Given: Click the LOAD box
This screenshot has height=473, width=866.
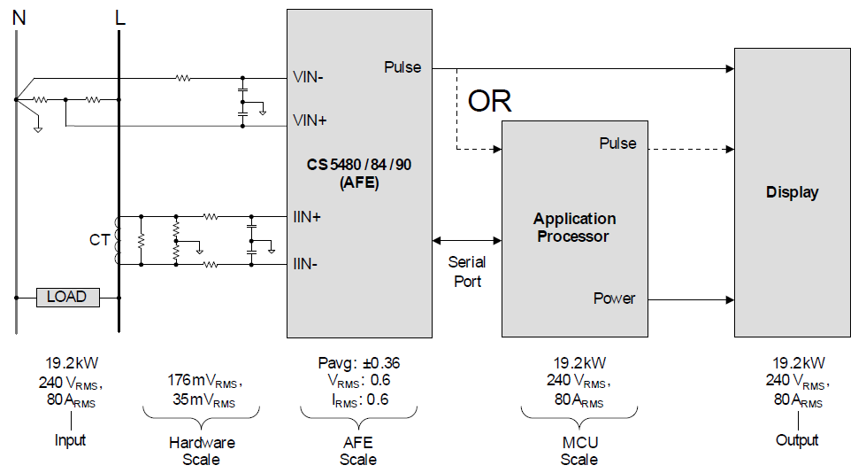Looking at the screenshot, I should [67, 297].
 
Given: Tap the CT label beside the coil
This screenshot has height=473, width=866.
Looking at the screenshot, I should [99, 238].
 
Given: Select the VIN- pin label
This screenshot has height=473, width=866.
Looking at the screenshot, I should [308, 77].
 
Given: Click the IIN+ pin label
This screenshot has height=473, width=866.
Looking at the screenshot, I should [306, 215].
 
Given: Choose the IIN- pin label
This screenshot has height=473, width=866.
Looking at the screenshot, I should [305, 263].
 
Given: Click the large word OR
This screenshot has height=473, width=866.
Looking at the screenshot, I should [489, 101].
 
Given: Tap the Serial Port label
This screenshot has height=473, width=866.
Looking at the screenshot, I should [467, 271].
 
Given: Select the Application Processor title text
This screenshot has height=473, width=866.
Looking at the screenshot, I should [574, 228].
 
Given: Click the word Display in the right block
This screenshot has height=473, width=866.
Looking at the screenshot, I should [792, 192].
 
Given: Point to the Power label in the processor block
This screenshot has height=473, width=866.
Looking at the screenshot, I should [614, 299].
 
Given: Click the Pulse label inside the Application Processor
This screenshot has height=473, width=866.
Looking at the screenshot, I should [617, 143].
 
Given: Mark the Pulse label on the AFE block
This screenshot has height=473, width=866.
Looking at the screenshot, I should [402, 67].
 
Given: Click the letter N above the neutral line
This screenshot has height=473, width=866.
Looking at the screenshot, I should [17, 17].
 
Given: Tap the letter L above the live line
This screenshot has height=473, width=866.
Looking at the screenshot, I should [120, 17].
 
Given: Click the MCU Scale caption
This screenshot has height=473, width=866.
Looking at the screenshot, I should [579, 451].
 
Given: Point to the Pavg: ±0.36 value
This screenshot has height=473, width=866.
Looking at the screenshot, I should [358, 362].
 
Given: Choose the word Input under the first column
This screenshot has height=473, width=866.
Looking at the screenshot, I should [71, 440].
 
